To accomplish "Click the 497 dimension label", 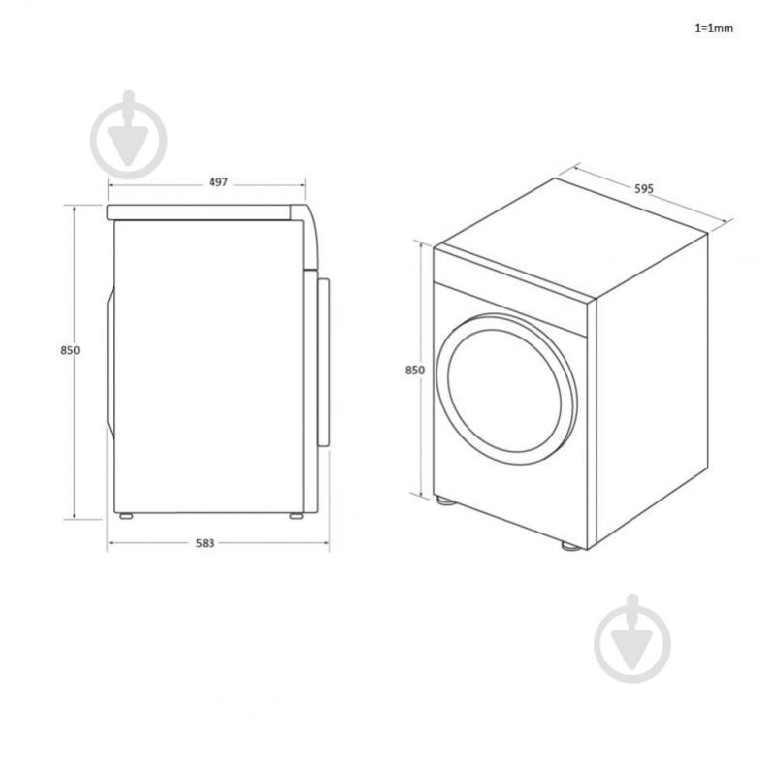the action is point(218,182).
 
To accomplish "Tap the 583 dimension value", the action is point(205,544).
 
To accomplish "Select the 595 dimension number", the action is point(644,188).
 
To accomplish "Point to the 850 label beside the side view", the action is point(70,350).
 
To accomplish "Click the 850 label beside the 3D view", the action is point(415,371).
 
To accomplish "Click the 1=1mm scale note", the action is point(714,28).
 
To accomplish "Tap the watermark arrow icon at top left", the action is point(128,135).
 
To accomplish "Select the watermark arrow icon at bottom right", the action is point(632,638).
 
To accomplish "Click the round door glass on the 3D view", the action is point(504,391).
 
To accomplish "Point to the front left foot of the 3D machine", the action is point(445,501).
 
